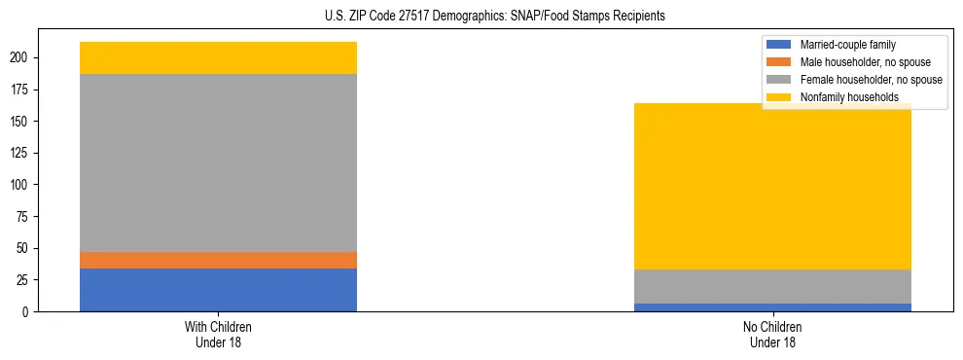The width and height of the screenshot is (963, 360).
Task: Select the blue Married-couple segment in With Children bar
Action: click(218, 290)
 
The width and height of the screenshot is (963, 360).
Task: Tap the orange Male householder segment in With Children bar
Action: click(218, 260)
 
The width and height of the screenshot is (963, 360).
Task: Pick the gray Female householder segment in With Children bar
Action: click(218, 162)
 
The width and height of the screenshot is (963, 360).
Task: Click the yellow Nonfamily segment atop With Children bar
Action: click(218, 57)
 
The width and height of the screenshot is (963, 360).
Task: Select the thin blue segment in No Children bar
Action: click(772, 307)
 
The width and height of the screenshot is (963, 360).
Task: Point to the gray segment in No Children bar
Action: click(772, 286)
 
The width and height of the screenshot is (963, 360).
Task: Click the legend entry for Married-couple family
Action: click(846, 45)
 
